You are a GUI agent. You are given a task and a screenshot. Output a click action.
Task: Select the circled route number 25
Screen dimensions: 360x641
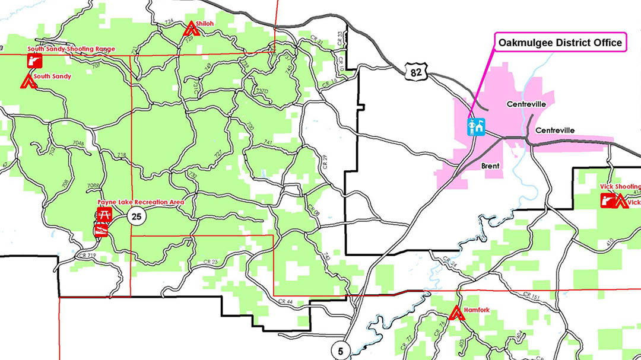coord(137,216)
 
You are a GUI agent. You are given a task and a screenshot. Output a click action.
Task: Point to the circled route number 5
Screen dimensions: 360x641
coord(340,349)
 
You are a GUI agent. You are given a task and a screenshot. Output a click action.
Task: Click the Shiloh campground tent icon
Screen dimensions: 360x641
coord(190,27)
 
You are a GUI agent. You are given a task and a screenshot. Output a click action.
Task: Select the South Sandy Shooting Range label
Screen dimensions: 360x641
coord(71,49)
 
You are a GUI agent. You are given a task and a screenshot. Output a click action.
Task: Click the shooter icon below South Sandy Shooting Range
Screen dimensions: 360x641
coord(34,60)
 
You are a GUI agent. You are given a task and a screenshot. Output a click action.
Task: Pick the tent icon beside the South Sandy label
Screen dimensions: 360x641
coord(27,81)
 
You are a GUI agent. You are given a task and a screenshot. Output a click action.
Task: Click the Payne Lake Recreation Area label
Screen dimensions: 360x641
coord(141,202)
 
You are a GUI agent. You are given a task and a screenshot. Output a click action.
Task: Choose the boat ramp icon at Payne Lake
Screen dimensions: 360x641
coord(101,230)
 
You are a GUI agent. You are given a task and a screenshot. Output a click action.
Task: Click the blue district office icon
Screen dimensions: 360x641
coord(477,126)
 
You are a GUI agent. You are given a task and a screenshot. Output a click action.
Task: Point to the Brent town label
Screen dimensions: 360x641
coord(491,167)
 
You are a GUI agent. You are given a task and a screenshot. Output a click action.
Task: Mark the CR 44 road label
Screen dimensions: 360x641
coord(285,302)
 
